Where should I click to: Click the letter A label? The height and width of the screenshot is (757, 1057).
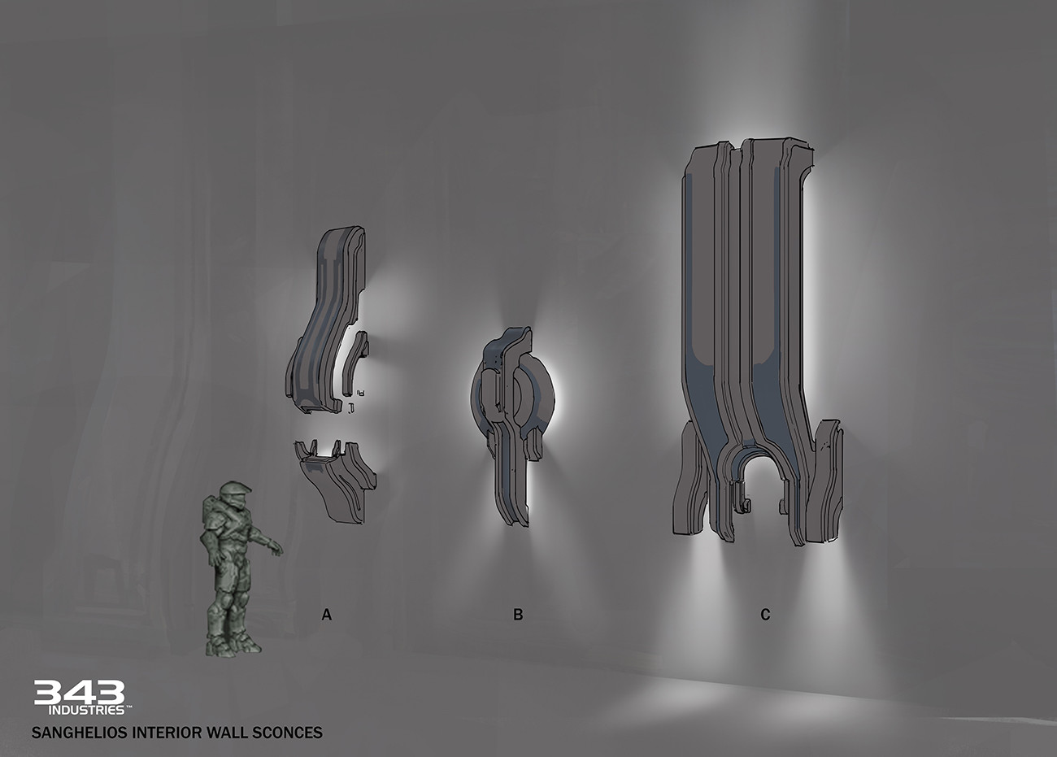(327, 615)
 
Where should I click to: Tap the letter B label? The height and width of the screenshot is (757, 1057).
(518, 615)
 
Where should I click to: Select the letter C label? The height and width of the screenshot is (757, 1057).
(765, 615)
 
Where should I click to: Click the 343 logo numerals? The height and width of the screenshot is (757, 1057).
(80, 692)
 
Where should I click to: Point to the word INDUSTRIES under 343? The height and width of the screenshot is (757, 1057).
(86, 710)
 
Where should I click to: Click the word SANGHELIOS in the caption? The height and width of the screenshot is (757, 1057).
(79, 733)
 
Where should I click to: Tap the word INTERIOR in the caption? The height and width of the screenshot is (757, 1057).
(165, 733)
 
